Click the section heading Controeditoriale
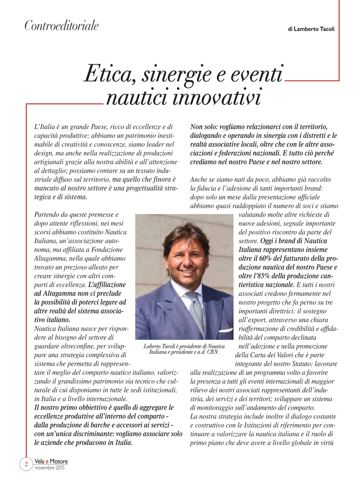tap(62, 26)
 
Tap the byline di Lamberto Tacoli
tap(311, 29)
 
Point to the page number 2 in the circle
tap(26, 464)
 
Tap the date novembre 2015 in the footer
tap(49, 468)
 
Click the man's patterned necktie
tap(195, 310)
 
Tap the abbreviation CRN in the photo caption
tap(213, 352)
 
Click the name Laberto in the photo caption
tap(153, 346)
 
